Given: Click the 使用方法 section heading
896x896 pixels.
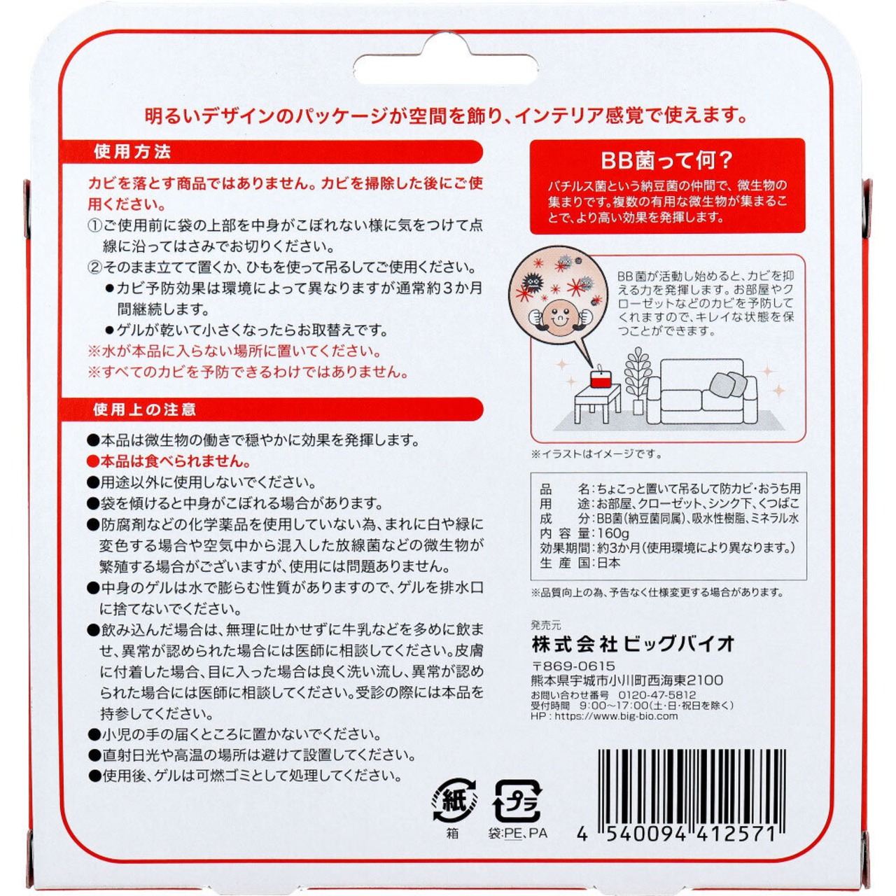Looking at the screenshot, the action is (x=132, y=152).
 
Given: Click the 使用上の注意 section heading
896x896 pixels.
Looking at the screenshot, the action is (x=144, y=409).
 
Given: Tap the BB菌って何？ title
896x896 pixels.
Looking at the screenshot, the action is (x=667, y=160).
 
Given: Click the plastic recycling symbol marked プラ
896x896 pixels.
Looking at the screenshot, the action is (x=517, y=801).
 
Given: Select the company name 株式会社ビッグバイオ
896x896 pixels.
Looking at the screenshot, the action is (x=633, y=643).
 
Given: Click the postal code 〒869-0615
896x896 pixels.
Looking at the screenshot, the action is (x=573, y=666).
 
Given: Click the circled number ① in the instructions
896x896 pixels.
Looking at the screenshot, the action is (x=95, y=226).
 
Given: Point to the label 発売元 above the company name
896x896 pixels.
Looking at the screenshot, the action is (x=546, y=625).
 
